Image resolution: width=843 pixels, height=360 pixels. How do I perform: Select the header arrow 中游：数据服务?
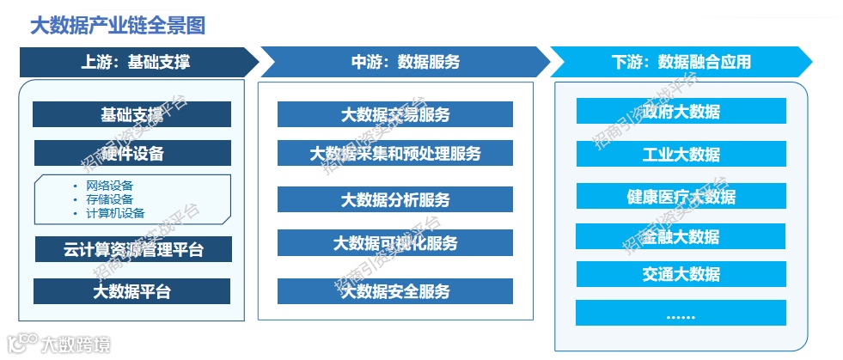pyautogui.click(x=405, y=62)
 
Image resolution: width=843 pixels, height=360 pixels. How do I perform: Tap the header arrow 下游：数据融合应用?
pyautogui.click(x=681, y=62)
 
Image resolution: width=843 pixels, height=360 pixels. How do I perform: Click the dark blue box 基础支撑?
pyautogui.click(x=131, y=114)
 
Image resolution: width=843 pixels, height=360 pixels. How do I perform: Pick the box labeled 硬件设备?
pyautogui.click(x=132, y=154)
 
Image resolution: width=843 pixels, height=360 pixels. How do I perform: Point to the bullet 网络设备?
pyautogui.click(x=109, y=185)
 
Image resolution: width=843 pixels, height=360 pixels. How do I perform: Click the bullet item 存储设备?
pyautogui.click(x=109, y=198)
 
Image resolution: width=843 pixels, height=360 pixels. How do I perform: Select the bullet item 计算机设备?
pyautogui.click(x=115, y=212)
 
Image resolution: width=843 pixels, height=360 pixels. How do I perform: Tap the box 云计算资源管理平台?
pyautogui.click(x=133, y=250)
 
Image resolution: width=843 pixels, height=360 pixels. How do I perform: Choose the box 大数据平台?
pyautogui.click(x=131, y=291)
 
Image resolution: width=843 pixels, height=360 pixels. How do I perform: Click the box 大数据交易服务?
pyautogui.click(x=394, y=114)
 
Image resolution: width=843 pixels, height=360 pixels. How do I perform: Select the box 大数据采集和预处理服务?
pyautogui.click(x=394, y=154)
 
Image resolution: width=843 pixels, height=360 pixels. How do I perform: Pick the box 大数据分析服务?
pyautogui.click(x=394, y=200)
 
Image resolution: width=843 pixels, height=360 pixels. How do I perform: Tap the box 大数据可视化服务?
pyautogui.click(x=394, y=243)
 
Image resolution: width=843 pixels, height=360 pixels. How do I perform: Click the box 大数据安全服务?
pyautogui.click(x=394, y=291)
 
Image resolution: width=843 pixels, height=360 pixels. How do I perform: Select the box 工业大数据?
pyautogui.click(x=681, y=155)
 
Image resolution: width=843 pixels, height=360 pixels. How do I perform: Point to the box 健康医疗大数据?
pyautogui.click(x=681, y=197)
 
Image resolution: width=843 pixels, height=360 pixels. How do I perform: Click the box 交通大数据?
pyautogui.click(x=681, y=275)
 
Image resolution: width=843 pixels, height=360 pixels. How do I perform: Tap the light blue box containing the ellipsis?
pyautogui.click(x=681, y=314)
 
